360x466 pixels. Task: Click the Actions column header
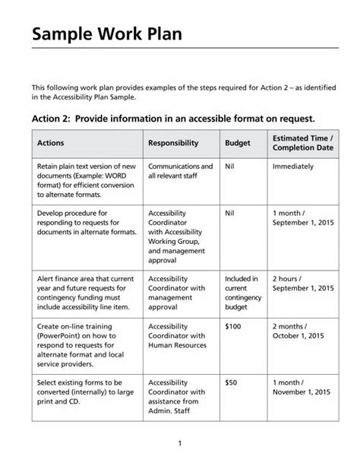pyautogui.click(x=51, y=142)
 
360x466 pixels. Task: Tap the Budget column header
pyautogui.click(x=238, y=142)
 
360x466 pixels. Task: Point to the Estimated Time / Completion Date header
pyautogui.click(x=303, y=142)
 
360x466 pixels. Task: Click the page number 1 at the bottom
pyautogui.click(x=179, y=442)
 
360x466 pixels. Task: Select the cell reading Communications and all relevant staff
pyautogui.click(x=180, y=170)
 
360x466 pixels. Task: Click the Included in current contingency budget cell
pyautogui.click(x=242, y=293)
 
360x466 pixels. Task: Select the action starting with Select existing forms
pyautogui.click(x=84, y=392)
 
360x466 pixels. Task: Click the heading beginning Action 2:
pyautogui.click(x=172, y=119)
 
